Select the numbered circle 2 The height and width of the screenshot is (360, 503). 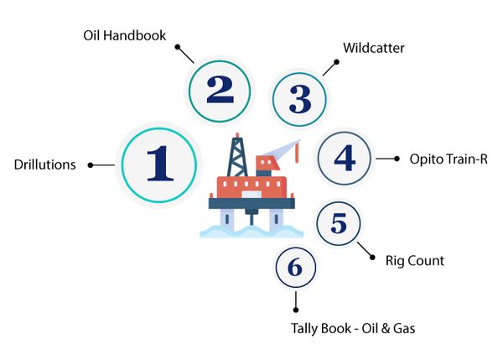coord(220,90)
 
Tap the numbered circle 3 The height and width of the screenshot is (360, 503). coord(300,99)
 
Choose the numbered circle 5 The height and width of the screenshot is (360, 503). coord(339,224)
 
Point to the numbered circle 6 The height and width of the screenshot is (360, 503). coord(294,268)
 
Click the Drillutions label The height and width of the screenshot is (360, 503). coord(45,164)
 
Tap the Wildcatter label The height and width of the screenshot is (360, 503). coord(375,49)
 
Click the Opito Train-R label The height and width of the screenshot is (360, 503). coord(449,158)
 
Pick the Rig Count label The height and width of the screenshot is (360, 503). coord(415,261)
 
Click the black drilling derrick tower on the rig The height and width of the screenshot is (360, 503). coord(239,155)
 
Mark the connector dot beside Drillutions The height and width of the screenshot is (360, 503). coord(90,164)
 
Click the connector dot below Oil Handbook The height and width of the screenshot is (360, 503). coord(179,48)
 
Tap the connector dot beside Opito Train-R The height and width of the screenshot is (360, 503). coord(396,158)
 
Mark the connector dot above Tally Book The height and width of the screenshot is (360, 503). coord(294,310)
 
